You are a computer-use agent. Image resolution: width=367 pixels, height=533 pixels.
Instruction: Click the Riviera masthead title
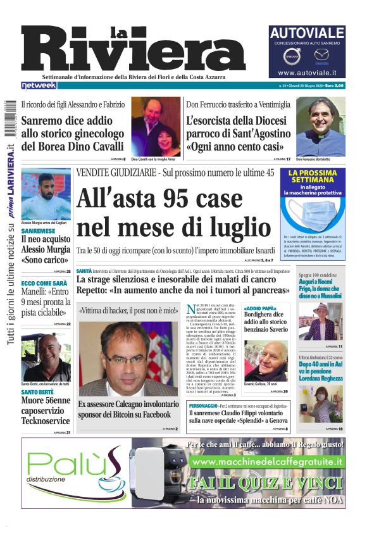click(x=133, y=49)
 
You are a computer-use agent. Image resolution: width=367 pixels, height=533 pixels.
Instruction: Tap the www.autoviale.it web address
click(x=307, y=73)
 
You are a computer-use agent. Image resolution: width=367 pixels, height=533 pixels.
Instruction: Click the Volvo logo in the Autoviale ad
click(x=293, y=58)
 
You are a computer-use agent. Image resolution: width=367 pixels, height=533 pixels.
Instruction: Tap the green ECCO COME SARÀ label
click(x=44, y=284)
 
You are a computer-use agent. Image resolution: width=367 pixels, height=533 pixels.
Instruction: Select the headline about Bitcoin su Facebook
click(x=125, y=409)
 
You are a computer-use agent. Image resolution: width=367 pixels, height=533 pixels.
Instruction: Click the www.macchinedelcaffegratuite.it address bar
click(x=268, y=462)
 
